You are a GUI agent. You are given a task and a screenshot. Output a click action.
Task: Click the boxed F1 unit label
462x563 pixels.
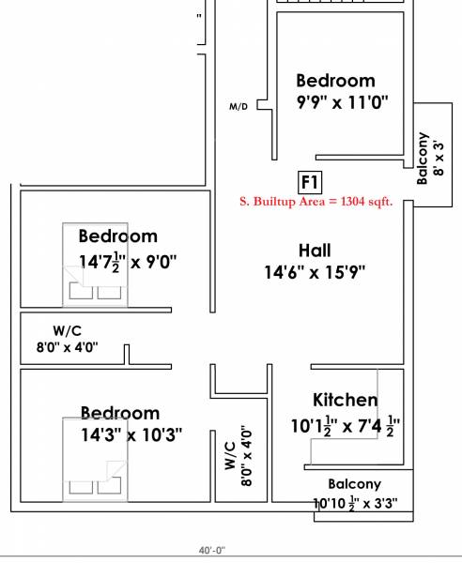pyautogui.click(x=310, y=181)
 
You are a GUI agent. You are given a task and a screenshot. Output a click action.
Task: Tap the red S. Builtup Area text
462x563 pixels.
pyautogui.click(x=329, y=200)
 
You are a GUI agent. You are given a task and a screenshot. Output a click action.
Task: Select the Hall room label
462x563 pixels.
pyautogui.click(x=314, y=251)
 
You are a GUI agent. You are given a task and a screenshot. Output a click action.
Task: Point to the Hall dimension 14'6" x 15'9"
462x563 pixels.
pyautogui.click(x=314, y=272)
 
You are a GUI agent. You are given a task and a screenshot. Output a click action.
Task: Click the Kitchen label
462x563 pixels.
pyautogui.click(x=345, y=401)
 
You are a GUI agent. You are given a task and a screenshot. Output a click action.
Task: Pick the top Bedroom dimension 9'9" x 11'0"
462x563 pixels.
pyautogui.click(x=335, y=101)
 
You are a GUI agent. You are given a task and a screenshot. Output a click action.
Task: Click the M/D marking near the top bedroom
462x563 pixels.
pyautogui.click(x=239, y=107)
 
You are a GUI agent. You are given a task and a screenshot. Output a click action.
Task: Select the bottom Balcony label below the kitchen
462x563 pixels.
pyautogui.click(x=354, y=484)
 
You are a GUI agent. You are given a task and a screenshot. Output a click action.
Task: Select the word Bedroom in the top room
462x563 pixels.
pyautogui.click(x=335, y=81)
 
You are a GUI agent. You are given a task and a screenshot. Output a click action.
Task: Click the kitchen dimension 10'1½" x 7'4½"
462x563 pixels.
pyautogui.click(x=346, y=424)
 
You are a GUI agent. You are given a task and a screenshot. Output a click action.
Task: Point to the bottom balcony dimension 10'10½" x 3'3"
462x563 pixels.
pyautogui.click(x=355, y=503)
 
